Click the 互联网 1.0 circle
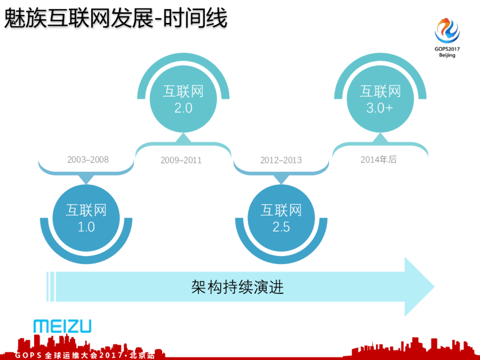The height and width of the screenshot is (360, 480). point(86,218)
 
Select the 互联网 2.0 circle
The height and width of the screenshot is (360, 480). point(183,99)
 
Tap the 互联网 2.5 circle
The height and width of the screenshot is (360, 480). point(281,218)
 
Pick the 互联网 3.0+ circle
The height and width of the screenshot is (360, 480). point(380,99)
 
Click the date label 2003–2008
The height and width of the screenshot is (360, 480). point(88,160)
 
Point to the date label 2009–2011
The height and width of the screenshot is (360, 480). point(181,160)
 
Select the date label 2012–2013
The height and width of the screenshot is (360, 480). point(281,160)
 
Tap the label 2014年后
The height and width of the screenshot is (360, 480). point(378,160)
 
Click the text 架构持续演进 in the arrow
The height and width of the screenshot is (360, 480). point(238,287)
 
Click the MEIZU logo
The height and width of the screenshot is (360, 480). point(62,326)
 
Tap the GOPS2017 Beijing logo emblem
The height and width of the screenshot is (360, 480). point(447,30)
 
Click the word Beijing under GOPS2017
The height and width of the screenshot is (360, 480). point(447,55)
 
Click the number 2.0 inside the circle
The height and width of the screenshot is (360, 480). point(183,108)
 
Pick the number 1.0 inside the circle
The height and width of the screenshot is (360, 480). point(86,227)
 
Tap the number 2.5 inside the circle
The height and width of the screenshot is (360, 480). point(281,227)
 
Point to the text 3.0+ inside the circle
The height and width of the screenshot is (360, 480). point(380,108)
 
